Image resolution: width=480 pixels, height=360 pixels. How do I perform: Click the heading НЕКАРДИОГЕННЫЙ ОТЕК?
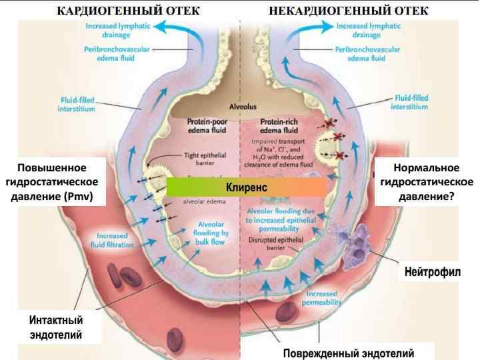pos(349,11)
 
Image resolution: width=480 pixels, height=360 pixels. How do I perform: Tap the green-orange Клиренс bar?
pos(247,187)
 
